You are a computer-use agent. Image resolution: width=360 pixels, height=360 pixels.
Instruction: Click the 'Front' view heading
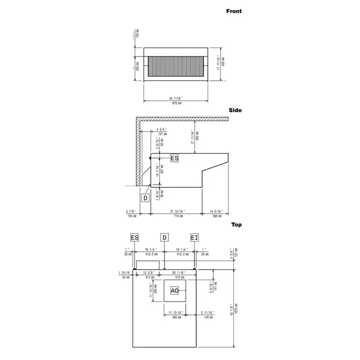[233, 11]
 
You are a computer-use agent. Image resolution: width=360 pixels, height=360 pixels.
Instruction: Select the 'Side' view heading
[235, 111]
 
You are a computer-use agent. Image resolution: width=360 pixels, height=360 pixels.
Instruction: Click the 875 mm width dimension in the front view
[176, 103]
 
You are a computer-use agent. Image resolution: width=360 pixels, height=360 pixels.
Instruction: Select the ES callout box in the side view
[175, 158]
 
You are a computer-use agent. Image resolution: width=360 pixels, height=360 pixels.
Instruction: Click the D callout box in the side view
[145, 197]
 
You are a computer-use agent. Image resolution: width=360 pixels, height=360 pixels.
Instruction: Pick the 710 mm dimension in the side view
[176, 215]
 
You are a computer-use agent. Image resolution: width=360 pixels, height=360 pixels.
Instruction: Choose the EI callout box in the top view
[194, 238]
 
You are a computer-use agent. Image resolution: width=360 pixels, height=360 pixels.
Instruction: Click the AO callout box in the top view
[175, 291]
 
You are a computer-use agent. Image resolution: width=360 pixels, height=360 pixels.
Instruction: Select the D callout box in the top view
[164, 238]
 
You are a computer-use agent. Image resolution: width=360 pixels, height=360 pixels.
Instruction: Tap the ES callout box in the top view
[134, 238]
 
